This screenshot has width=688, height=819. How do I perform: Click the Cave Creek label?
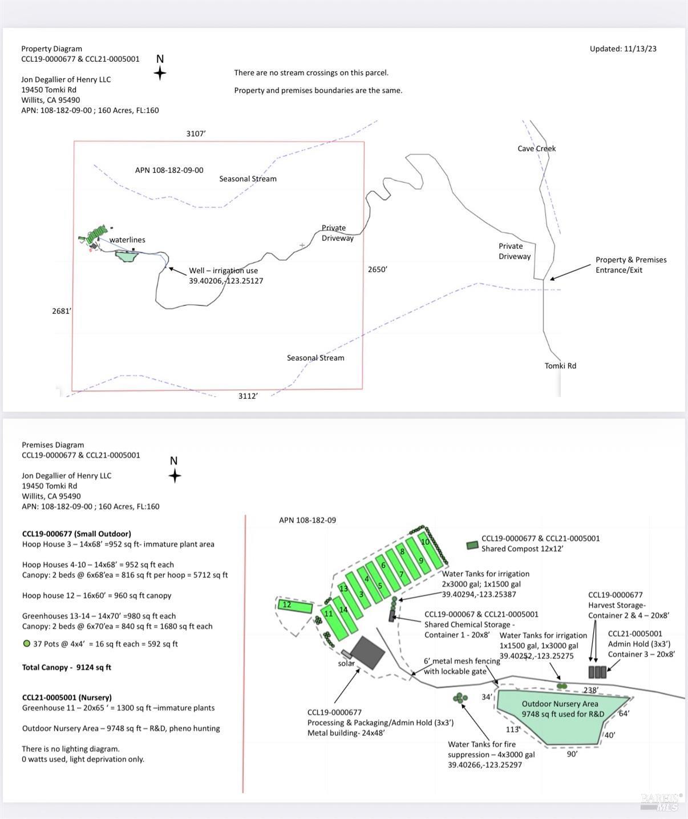536,148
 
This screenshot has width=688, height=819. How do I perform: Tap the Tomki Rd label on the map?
560,366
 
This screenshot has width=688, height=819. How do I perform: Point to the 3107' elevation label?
196,134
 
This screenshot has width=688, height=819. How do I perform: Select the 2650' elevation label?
377,269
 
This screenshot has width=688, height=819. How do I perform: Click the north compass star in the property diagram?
160,72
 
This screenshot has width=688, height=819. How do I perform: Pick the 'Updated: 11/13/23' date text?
623,49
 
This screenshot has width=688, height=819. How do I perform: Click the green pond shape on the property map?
126,256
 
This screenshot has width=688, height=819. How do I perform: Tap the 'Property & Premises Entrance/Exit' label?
630,265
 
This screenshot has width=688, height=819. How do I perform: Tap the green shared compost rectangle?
472,545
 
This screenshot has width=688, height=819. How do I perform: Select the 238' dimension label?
590,690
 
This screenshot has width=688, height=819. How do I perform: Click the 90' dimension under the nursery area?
572,753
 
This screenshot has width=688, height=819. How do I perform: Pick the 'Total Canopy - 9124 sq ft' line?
67,667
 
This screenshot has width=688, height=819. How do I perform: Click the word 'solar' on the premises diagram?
346,663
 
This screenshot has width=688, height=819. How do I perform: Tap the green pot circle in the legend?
26,644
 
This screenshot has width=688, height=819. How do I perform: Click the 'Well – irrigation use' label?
223,271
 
